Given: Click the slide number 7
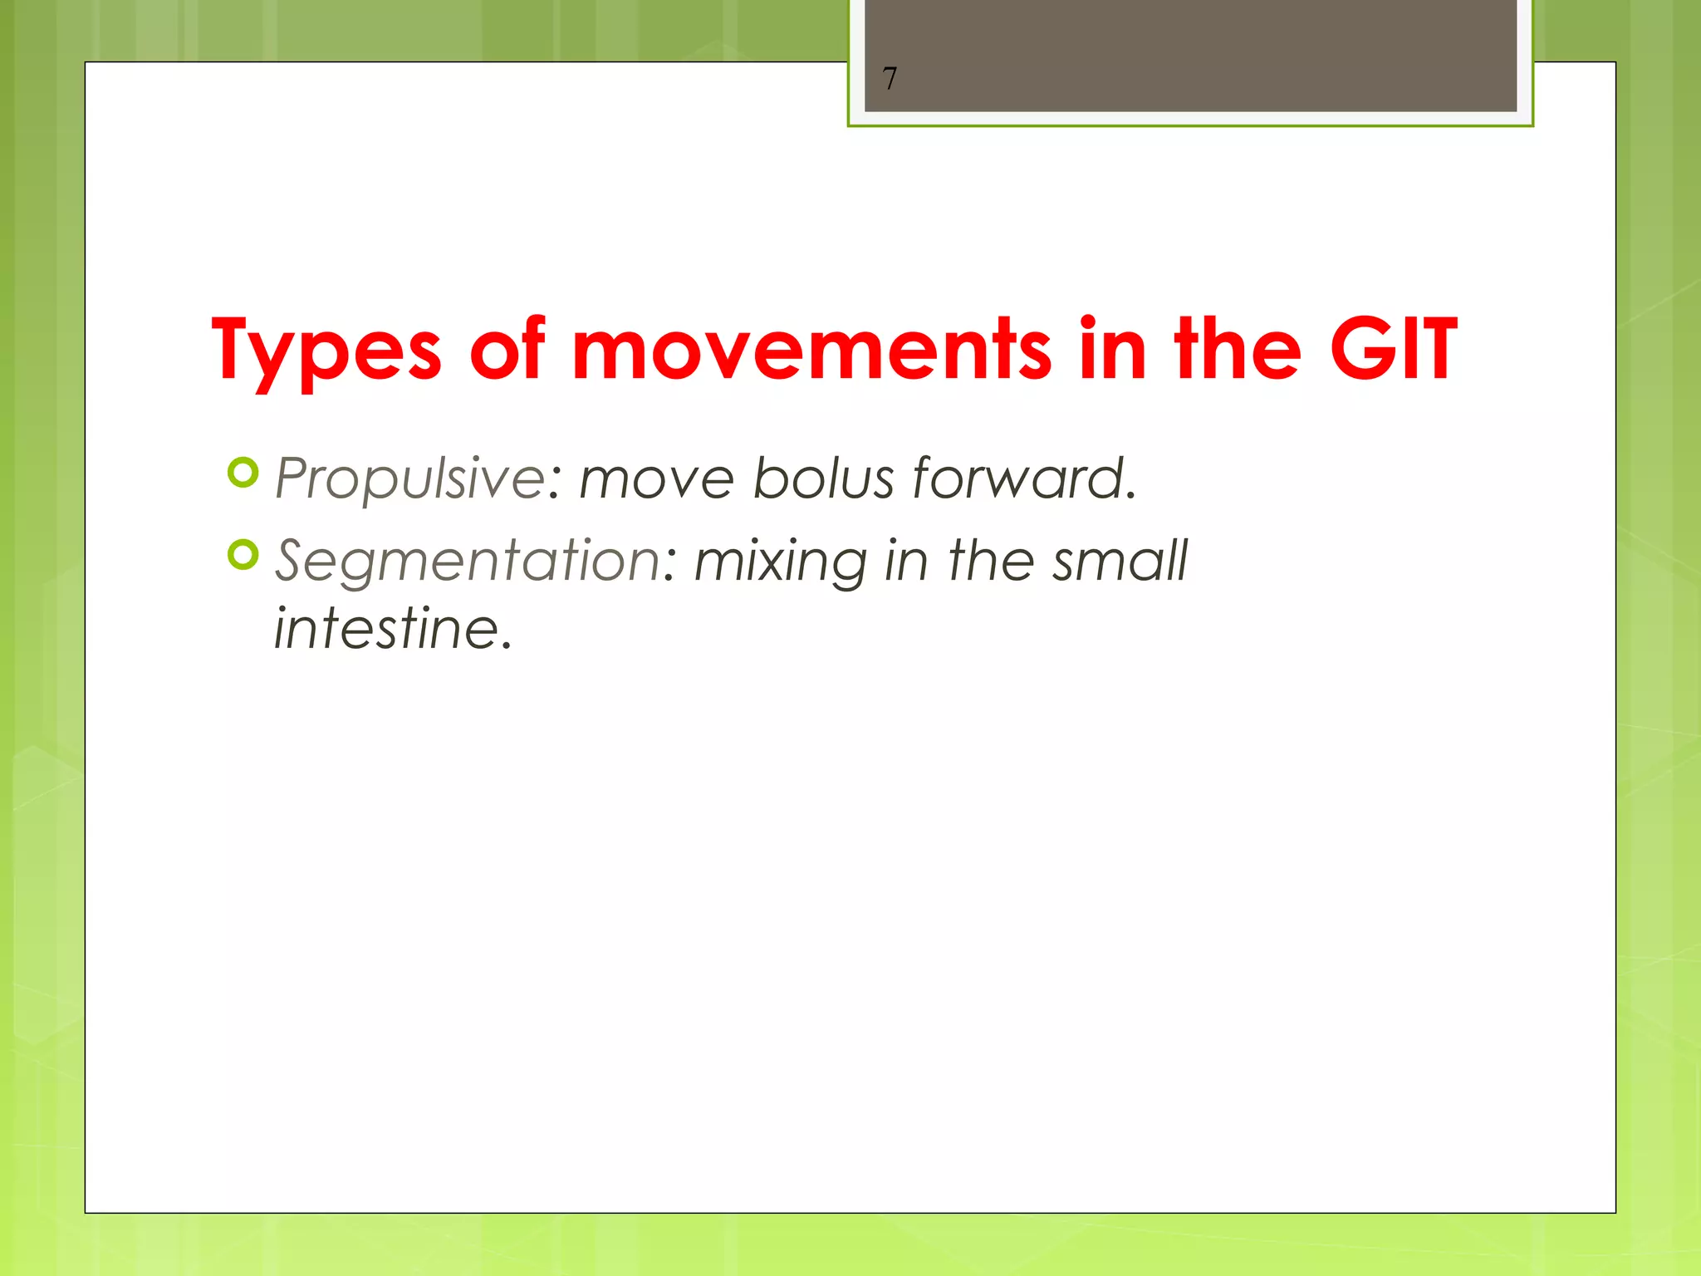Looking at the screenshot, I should pyautogui.click(x=890, y=79).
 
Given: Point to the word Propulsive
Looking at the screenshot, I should pyautogui.click(x=409, y=479).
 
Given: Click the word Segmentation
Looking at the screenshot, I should pyautogui.click(x=468, y=561).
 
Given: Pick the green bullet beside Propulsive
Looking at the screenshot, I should pyautogui.click(x=243, y=473).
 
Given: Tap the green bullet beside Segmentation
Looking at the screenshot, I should pyautogui.click(x=243, y=555).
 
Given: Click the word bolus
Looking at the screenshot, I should pyautogui.click(x=823, y=479).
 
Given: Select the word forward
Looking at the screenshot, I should pyautogui.click(x=1023, y=479).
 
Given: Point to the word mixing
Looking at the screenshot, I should pyautogui.click(x=780, y=561).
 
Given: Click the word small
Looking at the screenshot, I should pyautogui.click(x=1120, y=561).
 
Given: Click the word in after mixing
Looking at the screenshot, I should pyautogui.click(x=905, y=561).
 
